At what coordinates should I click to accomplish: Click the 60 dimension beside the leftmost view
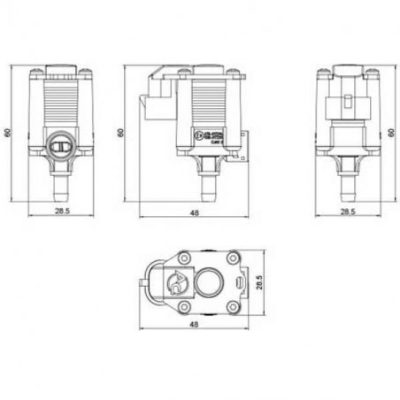click(x=10, y=133)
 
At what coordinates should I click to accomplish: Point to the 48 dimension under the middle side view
click(x=194, y=212)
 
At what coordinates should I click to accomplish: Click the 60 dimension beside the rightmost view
click(x=389, y=133)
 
